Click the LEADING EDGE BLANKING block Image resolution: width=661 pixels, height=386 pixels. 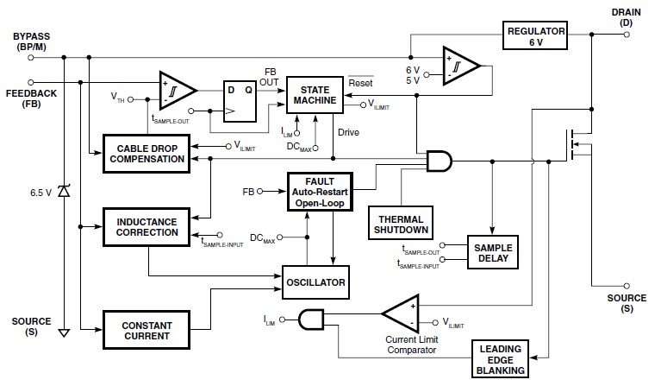pyautogui.click(x=502, y=358)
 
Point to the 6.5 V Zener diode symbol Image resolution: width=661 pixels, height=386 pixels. pyautogui.click(x=64, y=192)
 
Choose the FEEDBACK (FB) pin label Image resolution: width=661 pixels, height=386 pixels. pyautogui.click(x=32, y=96)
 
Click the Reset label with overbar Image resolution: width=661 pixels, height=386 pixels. pyautogui.click(x=359, y=83)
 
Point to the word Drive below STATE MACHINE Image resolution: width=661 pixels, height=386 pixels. pyautogui.click(x=348, y=132)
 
